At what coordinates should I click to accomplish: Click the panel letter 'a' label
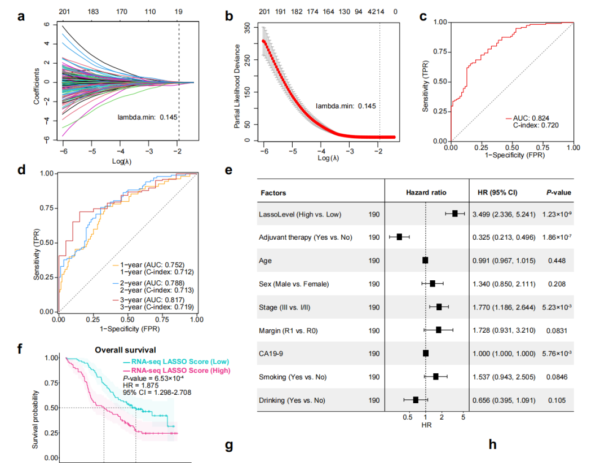pos(21,16)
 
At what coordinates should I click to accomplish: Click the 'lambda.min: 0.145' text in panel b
pos(346,105)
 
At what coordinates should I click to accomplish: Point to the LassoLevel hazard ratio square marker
pos(454,214)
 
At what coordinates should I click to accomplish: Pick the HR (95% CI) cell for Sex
pos(504,284)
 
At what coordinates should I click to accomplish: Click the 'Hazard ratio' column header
pos(426,193)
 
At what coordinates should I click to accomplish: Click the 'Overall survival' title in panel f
pos(125,349)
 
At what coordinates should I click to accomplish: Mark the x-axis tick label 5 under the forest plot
pos(463,418)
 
